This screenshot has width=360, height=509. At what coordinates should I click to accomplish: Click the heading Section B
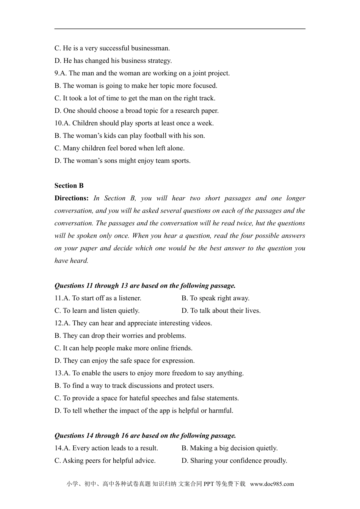coord(69,186)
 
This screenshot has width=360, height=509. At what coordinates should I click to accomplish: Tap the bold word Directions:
coord(71,198)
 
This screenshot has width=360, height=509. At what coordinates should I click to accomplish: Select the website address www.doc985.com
coord(272,484)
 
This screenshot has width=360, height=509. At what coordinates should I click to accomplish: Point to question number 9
coord(57,73)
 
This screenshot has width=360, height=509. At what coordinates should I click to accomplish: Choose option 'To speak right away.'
coord(215,298)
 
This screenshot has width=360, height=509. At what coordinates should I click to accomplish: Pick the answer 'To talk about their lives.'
coord(221,311)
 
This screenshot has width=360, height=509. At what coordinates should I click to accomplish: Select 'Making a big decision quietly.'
coord(229,448)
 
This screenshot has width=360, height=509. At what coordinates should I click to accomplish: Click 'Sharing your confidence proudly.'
coord(234,461)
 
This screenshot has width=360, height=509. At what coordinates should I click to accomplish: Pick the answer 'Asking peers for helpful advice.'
coord(105,461)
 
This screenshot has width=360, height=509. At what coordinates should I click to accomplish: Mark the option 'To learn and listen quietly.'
coord(97,311)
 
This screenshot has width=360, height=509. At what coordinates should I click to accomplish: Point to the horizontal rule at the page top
coord(180,29)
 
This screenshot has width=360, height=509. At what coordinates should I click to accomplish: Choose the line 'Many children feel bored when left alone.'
coord(119,148)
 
